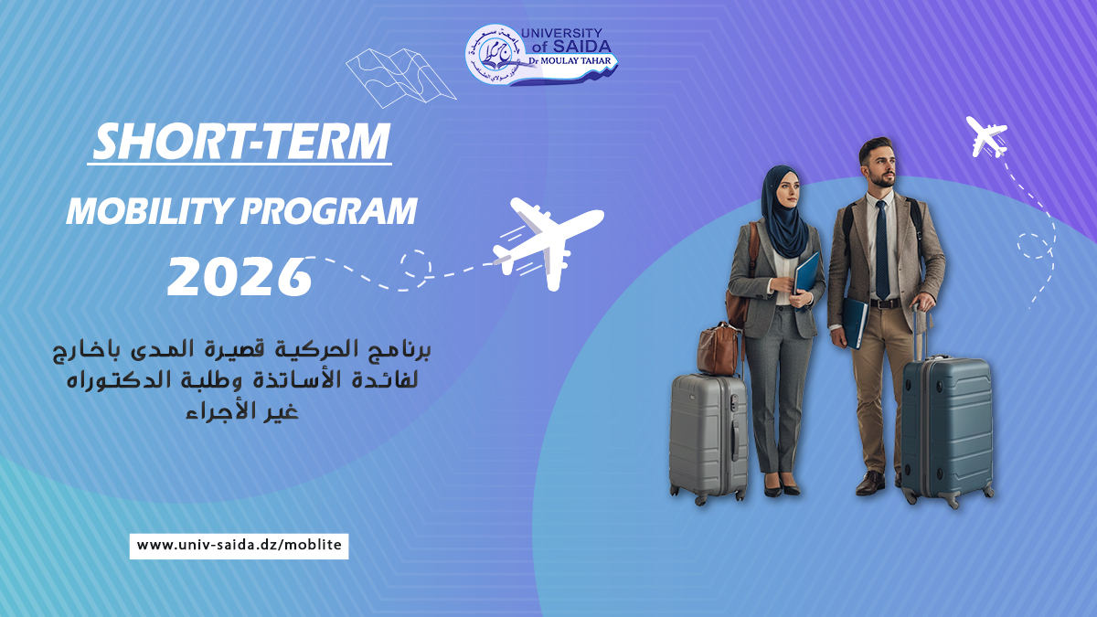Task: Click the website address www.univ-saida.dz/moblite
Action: point(239,546)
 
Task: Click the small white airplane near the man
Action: point(986,137)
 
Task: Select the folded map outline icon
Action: point(400,74)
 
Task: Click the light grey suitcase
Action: point(708,434)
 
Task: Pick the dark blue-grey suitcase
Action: point(946,425)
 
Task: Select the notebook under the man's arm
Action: point(855,322)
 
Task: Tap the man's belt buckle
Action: point(884,303)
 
